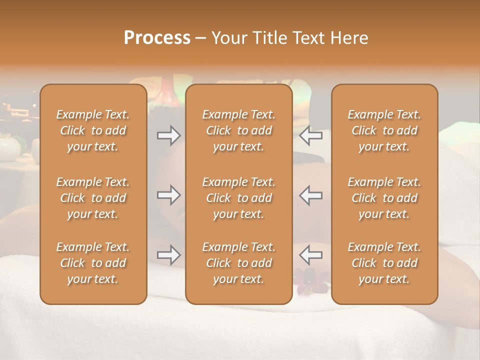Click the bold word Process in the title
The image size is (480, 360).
pyautogui.click(x=157, y=38)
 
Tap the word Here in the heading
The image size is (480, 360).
pyautogui.click(x=349, y=38)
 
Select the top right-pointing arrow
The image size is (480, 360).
pyautogui.click(x=169, y=135)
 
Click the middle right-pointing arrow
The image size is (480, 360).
pyautogui.click(x=169, y=195)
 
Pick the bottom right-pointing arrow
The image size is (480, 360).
pyautogui.click(x=169, y=255)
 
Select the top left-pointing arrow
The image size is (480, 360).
pyautogui.click(x=310, y=135)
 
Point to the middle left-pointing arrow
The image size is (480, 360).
pyautogui.click(x=310, y=195)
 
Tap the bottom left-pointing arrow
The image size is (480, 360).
pyautogui.click(x=310, y=255)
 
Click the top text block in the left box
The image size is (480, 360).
pyautogui.click(x=93, y=130)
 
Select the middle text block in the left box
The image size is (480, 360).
pyautogui.click(x=93, y=198)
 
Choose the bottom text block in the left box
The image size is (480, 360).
pyautogui.click(x=93, y=263)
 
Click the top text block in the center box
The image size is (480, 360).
pyautogui.click(x=238, y=130)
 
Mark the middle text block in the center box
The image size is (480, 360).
pyautogui.click(x=238, y=198)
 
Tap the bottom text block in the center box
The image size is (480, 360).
pyautogui.click(x=238, y=263)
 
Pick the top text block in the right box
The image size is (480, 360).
pyautogui.click(x=384, y=130)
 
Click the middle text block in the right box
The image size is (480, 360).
pyautogui.click(x=384, y=198)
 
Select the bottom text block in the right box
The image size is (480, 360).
pyautogui.click(x=384, y=263)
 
